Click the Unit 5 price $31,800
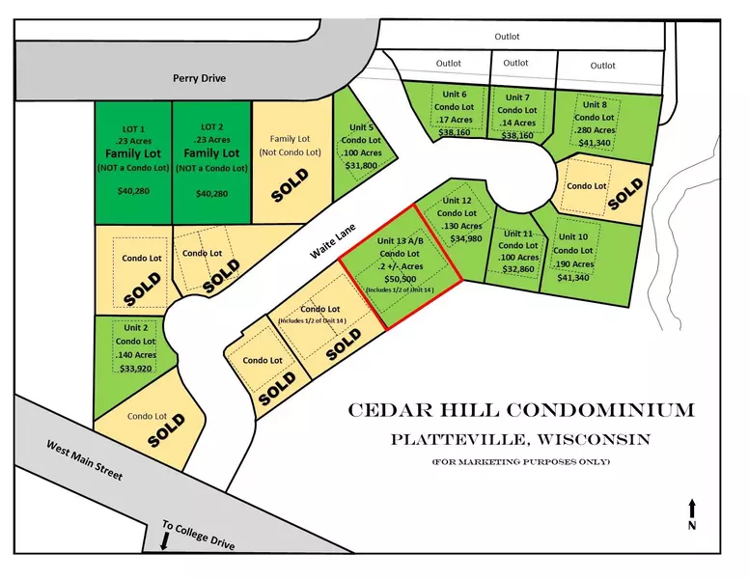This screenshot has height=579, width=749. tap(362, 165)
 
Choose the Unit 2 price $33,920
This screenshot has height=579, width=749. tap(135, 367)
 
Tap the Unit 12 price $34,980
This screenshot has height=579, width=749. tap(465, 238)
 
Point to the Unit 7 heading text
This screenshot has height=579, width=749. tap(517, 97)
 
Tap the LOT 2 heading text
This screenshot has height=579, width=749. tap(211, 126)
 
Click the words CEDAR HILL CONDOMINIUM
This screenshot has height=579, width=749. tap(520, 410)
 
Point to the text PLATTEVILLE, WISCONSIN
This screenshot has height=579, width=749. tap(520, 439)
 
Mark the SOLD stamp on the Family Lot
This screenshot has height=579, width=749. tap(290, 183)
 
